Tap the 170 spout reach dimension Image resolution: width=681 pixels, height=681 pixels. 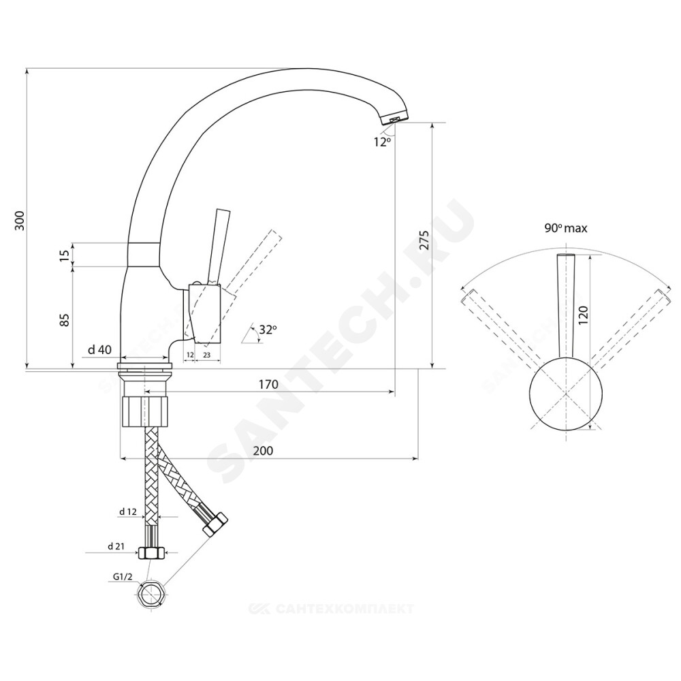(269, 385)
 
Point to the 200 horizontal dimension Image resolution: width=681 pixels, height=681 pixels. (264, 451)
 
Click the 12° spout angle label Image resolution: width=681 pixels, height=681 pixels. (382, 142)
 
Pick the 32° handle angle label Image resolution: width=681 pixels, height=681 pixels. (268, 330)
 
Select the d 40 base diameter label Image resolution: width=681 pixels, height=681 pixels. (100, 349)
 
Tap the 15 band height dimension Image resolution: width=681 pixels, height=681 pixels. (65, 255)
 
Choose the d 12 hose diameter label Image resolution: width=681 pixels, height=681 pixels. (128, 511)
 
